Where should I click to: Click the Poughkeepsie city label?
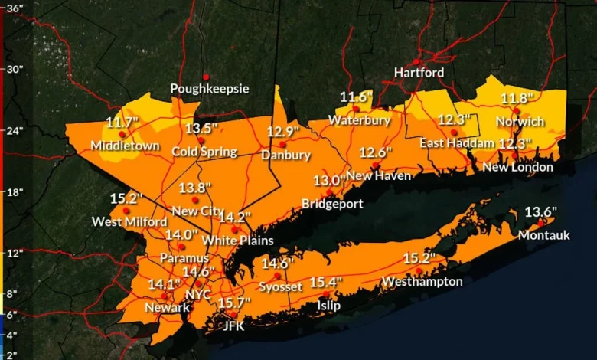209,89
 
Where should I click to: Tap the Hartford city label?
419,72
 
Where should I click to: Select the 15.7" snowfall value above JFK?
234,303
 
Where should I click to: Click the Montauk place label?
543,235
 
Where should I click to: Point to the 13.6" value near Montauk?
540,212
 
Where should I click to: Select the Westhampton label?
422,281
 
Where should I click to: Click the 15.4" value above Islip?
325,283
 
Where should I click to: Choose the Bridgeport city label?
332,204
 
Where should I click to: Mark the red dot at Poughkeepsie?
206,76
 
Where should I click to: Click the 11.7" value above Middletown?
122,122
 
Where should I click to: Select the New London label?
517,167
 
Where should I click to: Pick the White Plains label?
237,241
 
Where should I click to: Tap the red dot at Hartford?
416,61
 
